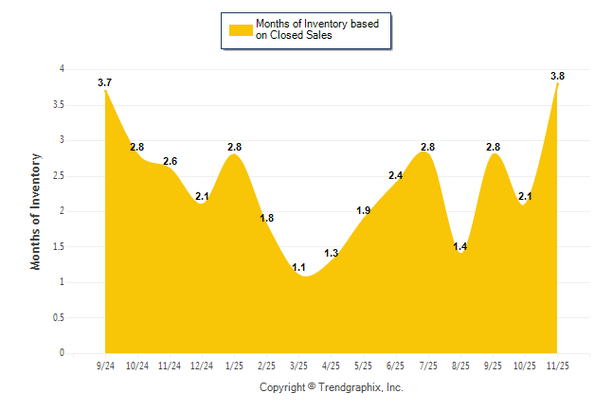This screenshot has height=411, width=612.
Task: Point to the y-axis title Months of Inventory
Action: click(36, 211)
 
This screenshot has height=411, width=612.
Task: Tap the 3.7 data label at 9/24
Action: click(105, 83)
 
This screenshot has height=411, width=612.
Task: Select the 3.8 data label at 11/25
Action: click(558, 76)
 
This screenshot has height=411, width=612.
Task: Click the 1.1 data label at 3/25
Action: click(299, 268)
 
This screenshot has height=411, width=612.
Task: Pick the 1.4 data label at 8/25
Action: click(460, 247)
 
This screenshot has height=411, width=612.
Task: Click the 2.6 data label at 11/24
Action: click(171, 162)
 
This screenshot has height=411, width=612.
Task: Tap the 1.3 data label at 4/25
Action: click(331, 253)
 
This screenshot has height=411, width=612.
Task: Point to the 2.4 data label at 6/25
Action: click(396, 175)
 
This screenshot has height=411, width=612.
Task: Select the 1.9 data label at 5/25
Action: click(363, 210)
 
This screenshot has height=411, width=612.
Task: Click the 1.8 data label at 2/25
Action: click(267, 218)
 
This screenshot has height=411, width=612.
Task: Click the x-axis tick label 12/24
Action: click(202, 365)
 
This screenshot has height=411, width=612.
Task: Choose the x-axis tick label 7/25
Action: click(428, 365)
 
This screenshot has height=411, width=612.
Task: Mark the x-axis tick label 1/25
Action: click(234, 365)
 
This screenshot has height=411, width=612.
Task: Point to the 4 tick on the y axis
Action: click(62, 69)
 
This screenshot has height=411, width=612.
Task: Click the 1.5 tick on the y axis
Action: click(59, 246)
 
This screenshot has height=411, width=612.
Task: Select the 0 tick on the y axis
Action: click(62, 353)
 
